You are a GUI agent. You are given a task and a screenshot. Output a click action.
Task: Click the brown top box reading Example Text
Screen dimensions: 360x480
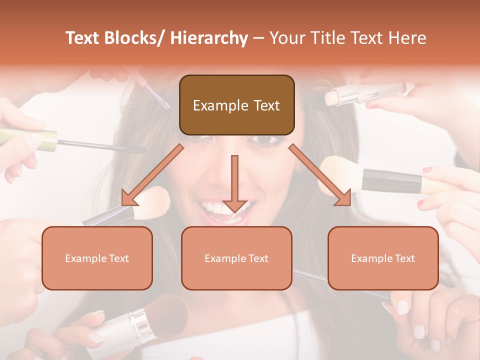pyautogui.click(x=236, y=105)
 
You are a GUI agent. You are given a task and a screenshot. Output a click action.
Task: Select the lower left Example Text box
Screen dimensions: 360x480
pyautogui.click(x=97, y=258)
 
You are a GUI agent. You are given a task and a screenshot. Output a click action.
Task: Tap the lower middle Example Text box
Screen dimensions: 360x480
pyautogui.click(x=236, y=258)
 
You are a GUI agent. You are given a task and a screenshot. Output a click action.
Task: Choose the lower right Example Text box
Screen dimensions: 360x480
pyautogui.click(x=383, y=258)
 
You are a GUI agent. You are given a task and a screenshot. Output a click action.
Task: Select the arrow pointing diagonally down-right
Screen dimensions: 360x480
pyautogui.click(x=320, y=175)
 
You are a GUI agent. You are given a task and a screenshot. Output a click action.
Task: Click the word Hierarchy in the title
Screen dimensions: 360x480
pyautogui.click(x=209, y=38)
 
